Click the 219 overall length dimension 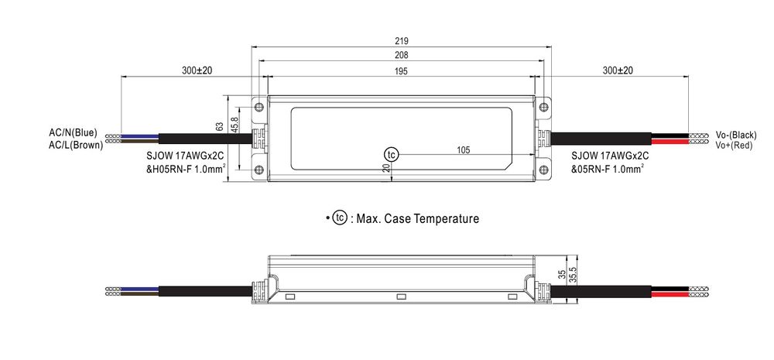point(401,41)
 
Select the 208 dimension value point(401,55)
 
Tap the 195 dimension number point(401,71)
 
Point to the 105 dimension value point(463,150)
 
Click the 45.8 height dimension point(235,124)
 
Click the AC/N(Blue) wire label point(73,133)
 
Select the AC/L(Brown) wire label point(76,146)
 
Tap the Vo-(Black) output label point(735,135)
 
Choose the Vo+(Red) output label point(734,146)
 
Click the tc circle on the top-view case point(392,155)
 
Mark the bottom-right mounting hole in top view point(543,170)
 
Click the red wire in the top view point(670,142)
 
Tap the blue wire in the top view point(139,135)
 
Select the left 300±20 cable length point(197,70)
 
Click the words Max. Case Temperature point(418,218)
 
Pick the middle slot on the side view point(401,297)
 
